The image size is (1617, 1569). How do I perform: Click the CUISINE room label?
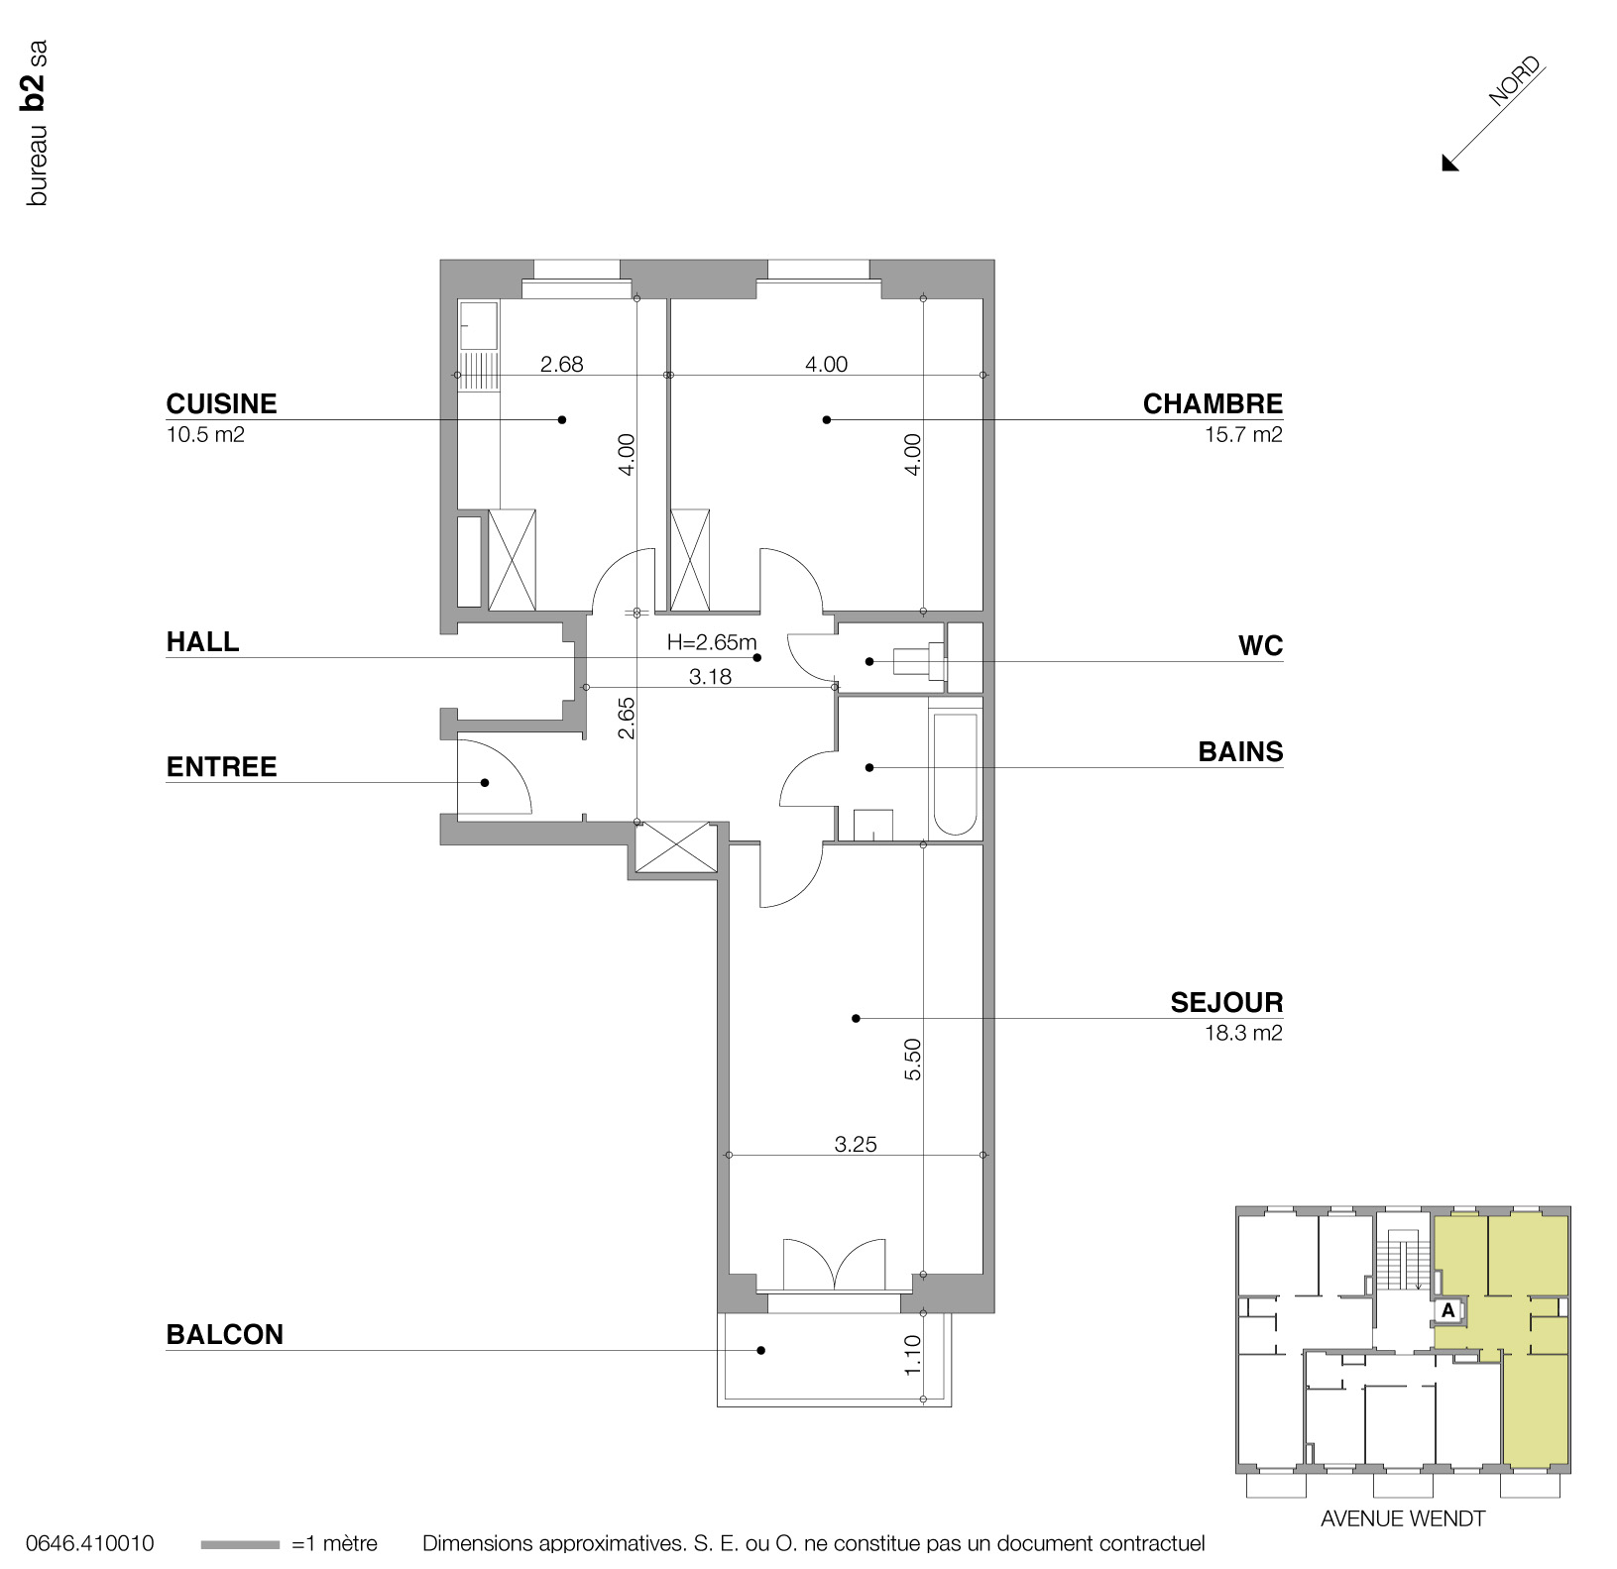[x=221, y=403]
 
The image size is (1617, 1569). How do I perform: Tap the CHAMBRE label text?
[x=1212, y=403]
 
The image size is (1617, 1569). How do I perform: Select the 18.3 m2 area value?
[x=1242, y=1033]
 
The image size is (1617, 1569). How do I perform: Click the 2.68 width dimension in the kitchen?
[x=561, y=364]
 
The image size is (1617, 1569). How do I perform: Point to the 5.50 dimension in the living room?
[x=913, y=1059]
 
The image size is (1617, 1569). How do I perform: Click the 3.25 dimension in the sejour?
[x=855, y=1144]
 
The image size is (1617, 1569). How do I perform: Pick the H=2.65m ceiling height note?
[x=711, y=642]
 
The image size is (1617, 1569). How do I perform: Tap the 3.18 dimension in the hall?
[x=710, y=677]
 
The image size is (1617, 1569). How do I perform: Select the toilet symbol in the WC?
[x=918, y=660]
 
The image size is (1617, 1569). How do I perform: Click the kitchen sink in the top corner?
[x=479, y=325]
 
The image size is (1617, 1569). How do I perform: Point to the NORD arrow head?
[x=1449, y=163]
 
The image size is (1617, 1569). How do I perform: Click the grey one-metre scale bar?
[x=239, y=1544]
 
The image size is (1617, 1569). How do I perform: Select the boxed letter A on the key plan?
[x=1447, y=1310]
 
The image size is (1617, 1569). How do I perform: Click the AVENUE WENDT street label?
[x=1402, y=1518]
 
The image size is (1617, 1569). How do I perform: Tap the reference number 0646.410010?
[x=89, y=1543]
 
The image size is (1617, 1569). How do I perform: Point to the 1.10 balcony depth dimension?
[x=913, y=1354]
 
